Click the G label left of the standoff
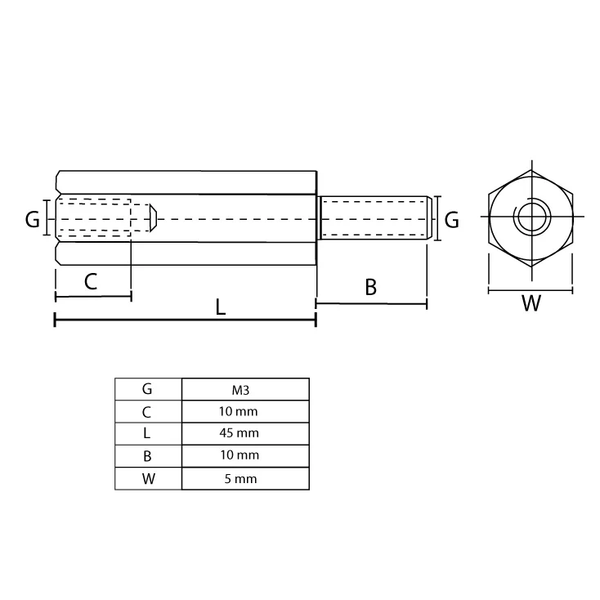click(x=32, y=219)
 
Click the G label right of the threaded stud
click(x=450, y=219)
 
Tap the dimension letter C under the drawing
click(x=91, y=282)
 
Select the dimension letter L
click(x=221, y=307)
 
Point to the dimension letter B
click(x=370, y=287)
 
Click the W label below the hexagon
click(x=531, y=303)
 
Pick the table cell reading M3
click(x=244, y=389)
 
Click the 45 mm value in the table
click(x=244, y=433)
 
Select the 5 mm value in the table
click(x=244, y=479)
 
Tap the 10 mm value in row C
click(x=244, y=411)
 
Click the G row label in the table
click(x=147, y=389)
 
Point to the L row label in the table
click(x=147, y=433)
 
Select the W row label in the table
click(x=147, y=479)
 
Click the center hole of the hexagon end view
click(x=530, y=218)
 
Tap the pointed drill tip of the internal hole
click(x=153, y=218)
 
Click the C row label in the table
click(x=147, y=411)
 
